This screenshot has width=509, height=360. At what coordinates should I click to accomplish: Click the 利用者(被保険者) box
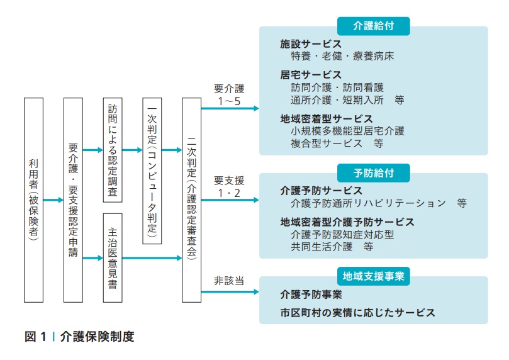33,199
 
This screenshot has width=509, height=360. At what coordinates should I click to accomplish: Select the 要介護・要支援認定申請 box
74,199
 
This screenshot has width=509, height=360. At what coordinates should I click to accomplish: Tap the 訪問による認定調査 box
113,150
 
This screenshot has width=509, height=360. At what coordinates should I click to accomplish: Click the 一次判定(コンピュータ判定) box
152,170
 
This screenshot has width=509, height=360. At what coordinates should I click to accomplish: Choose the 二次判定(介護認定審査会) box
191,199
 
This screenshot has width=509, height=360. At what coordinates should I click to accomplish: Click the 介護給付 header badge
374,26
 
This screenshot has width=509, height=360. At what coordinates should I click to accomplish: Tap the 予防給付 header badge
374,172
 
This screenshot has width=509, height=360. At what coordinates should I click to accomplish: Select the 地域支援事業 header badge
374,276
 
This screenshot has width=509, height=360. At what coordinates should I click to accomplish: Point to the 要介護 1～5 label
229,94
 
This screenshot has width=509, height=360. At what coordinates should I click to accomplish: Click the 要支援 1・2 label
229,186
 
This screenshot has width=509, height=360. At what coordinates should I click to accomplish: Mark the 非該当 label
229,281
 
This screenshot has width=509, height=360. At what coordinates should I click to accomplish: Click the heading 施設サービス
311,45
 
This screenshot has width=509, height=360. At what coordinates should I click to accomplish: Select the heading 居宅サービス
311,76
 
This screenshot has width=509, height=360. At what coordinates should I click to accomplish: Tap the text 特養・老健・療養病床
342,57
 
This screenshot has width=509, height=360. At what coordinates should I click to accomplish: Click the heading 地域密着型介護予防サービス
347,222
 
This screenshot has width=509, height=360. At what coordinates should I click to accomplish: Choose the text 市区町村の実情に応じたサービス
357,313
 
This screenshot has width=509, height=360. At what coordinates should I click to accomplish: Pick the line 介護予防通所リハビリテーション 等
378,203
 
